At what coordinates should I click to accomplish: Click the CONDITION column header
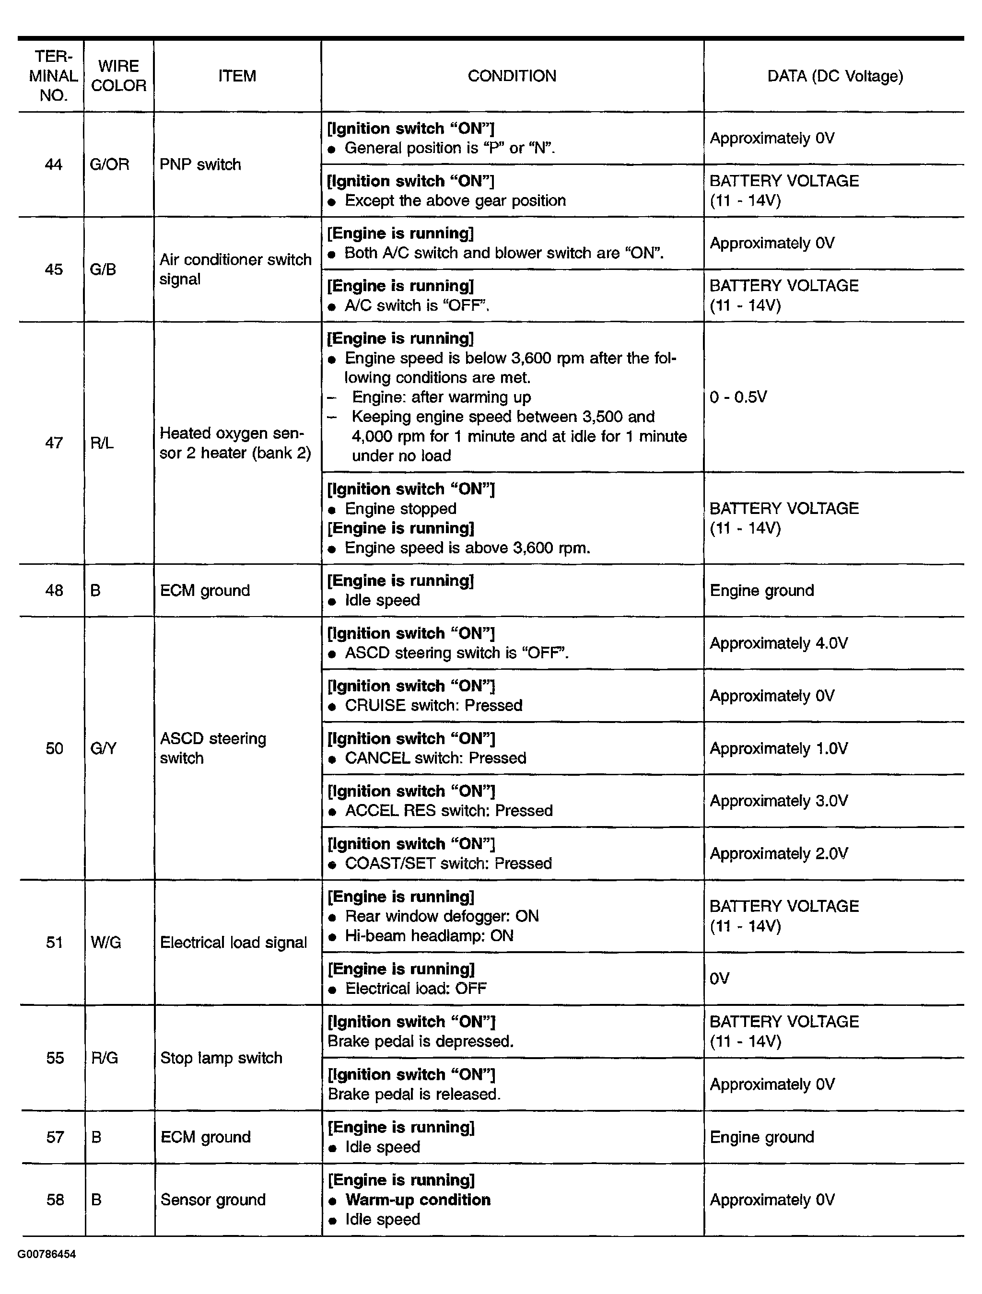click(512, 76)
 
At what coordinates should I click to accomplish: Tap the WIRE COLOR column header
click(118, 76)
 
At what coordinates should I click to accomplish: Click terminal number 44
click(53, 164)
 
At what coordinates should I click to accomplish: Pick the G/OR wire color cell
click(109, 164)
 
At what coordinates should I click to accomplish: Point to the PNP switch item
click(200, 164)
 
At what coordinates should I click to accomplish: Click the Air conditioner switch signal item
click(235, 269)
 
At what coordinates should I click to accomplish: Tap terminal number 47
click(54, 443)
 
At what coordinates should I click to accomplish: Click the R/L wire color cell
click(102, 443)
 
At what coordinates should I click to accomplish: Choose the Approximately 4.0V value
click(778, 643)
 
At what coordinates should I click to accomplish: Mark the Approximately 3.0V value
click(778, 801)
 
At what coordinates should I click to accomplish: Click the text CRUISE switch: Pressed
click(433, 706)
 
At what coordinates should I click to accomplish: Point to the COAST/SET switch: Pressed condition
click(448, 863)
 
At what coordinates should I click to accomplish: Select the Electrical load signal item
click(233, 943)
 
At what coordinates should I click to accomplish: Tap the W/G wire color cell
click(106, 943)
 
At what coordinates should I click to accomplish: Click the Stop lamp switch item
click(221, 1058)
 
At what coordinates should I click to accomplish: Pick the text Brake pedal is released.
click(414, 1094)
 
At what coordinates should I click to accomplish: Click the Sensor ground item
click(213, 1200)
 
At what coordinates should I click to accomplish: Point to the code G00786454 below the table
click(47, 1254)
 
